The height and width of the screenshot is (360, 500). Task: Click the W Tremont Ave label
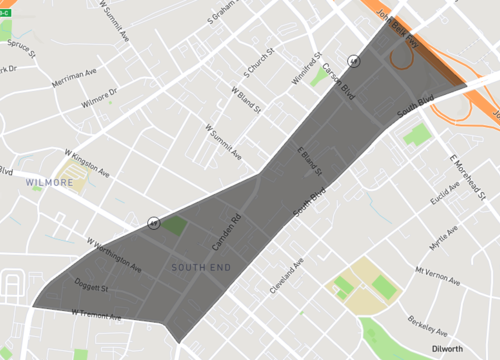pyautogui.click(x=96, y=316)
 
